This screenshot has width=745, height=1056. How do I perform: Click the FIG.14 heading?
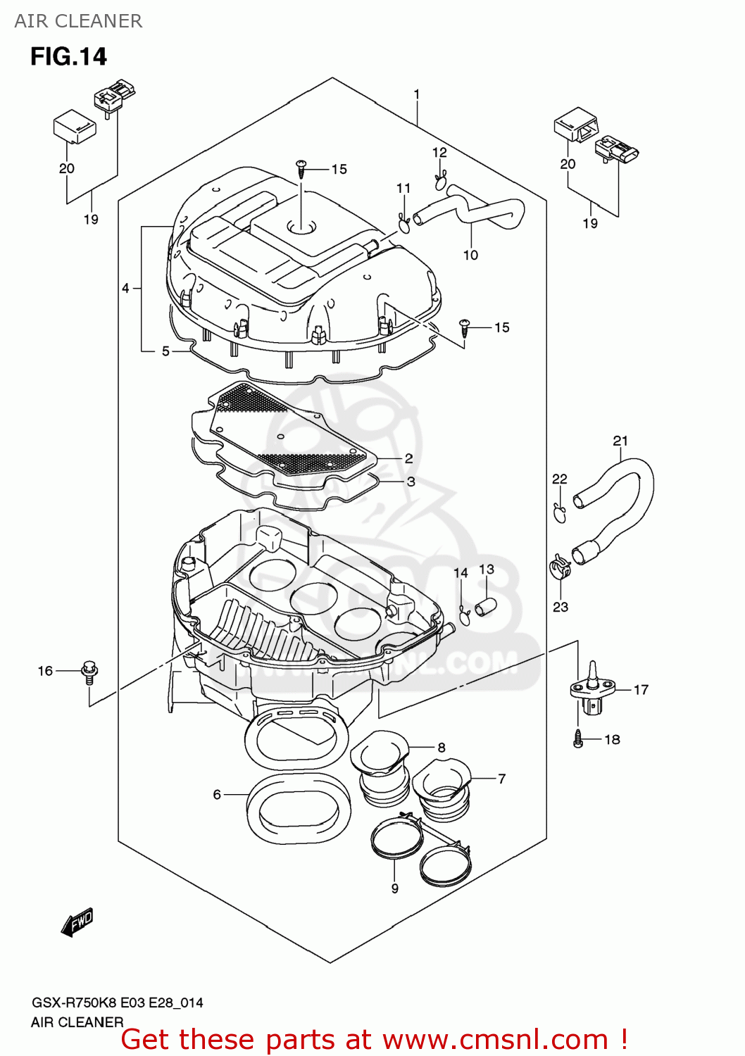(68, 56)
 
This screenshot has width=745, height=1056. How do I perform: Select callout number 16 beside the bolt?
(45, 671)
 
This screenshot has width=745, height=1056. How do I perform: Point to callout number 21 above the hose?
(620, 441)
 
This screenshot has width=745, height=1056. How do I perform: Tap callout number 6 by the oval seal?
(217, 794)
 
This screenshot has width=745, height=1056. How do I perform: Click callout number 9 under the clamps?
(395, 888)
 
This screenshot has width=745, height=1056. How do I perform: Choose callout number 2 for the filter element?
(408, 458)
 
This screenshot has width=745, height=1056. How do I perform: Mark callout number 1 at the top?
(417, 94)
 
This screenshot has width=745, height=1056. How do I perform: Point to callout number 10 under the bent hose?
(470, 255)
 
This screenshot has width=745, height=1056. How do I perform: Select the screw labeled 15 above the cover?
(301, 168)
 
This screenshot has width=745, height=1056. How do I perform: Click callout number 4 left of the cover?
(125, 288)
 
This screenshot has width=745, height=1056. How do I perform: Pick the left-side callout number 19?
(91, 220)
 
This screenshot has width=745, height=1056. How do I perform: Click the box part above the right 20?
(576, 125)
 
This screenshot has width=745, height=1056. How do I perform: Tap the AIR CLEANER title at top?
(78, 21)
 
